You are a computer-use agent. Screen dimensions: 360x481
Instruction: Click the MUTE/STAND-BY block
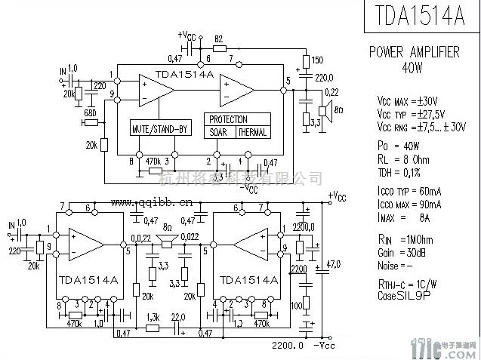(x=159, y=128)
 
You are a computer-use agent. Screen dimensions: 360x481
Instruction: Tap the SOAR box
(x=219, y=132)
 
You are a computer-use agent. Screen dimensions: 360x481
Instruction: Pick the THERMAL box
(x=252, y=132)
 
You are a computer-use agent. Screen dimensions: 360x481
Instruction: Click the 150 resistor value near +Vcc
(x=318, y=60)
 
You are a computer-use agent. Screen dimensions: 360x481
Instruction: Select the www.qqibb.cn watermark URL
(x=152, y=202)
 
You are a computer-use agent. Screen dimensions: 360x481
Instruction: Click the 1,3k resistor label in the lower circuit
(x=153, y=317)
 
